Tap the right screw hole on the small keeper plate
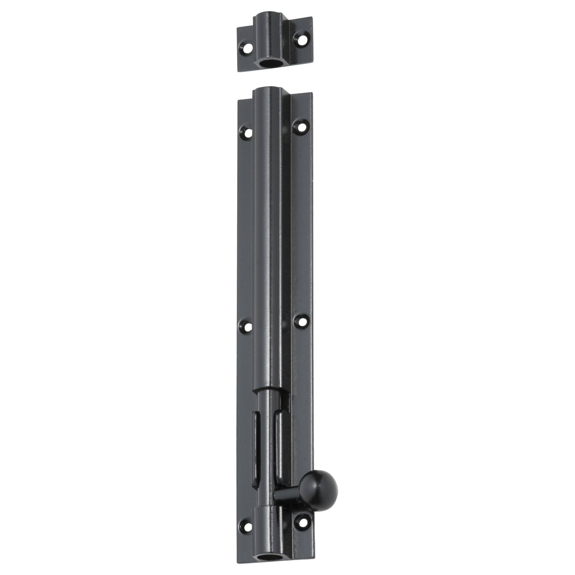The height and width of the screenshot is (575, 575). (x=300, y=37)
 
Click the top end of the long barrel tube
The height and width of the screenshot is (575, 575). (x=269, y=92)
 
